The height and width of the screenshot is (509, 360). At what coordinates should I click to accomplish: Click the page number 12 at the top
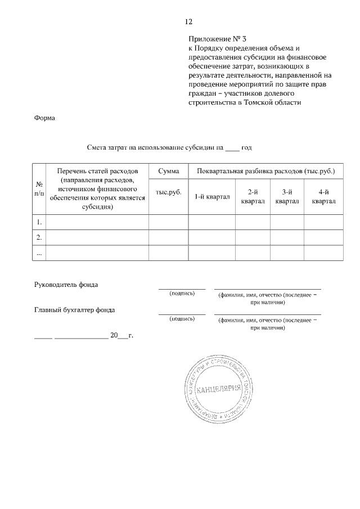(x=188, y=22)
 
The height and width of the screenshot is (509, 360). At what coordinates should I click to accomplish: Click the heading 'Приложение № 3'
(x=218, y=39)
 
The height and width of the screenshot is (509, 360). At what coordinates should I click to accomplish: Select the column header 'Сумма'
(x=168, y=170)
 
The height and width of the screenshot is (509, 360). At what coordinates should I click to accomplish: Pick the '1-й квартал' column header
(x=211, y=196)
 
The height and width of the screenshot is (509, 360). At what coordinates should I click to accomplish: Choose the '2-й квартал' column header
(x=253, y=196)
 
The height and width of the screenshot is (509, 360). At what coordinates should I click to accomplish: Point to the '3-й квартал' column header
(x=287, y=196)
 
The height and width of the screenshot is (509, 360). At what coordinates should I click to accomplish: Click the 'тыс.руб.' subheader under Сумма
(x=168, y=192)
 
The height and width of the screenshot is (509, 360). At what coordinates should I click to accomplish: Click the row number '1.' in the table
(x=39, y=222)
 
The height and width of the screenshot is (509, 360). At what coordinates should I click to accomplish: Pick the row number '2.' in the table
(x=39, y=237)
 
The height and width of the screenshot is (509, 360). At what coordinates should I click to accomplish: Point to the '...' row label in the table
(x=39, y=253)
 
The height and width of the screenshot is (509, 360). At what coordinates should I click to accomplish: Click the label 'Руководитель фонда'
(x=66, y=285)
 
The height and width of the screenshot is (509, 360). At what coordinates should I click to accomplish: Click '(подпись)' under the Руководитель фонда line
(x=182, y=293)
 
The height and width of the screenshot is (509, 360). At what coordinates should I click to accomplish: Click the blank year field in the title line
(x=232, y=148)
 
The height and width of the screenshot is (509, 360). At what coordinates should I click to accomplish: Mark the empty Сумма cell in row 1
(x=168, y=222)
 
